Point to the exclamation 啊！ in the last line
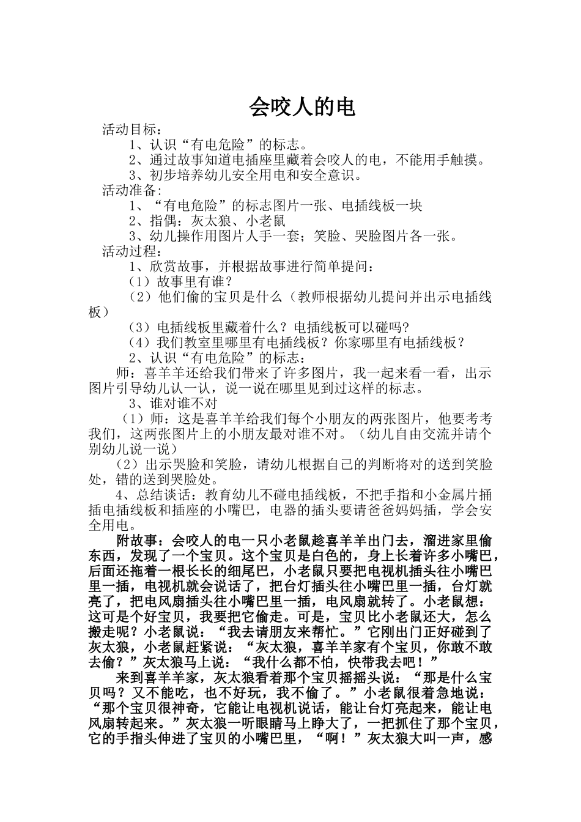click(x=340, y=739)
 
